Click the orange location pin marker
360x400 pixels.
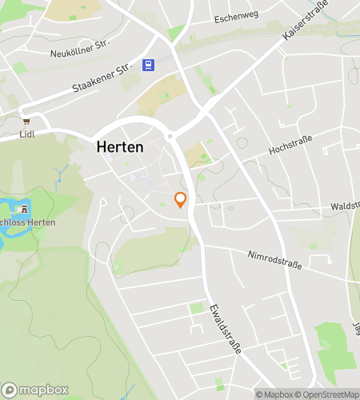click(181, 200)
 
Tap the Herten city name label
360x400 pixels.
click(119, 147)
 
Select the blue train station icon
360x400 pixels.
click(148, 65)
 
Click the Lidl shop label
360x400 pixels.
click(27, 134)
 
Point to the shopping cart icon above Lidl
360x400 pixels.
click(27, 122)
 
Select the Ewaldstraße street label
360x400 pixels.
click(226, 329)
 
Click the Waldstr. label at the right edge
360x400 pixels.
click(345, 206)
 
